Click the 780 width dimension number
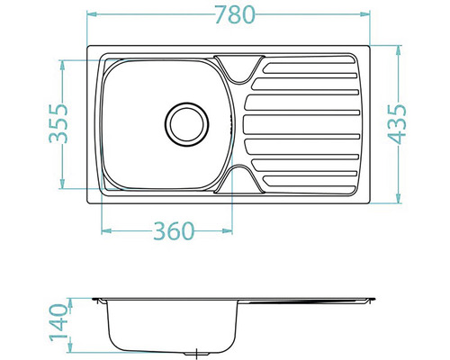tap(231, 15)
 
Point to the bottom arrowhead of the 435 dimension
tap(397, 199)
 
